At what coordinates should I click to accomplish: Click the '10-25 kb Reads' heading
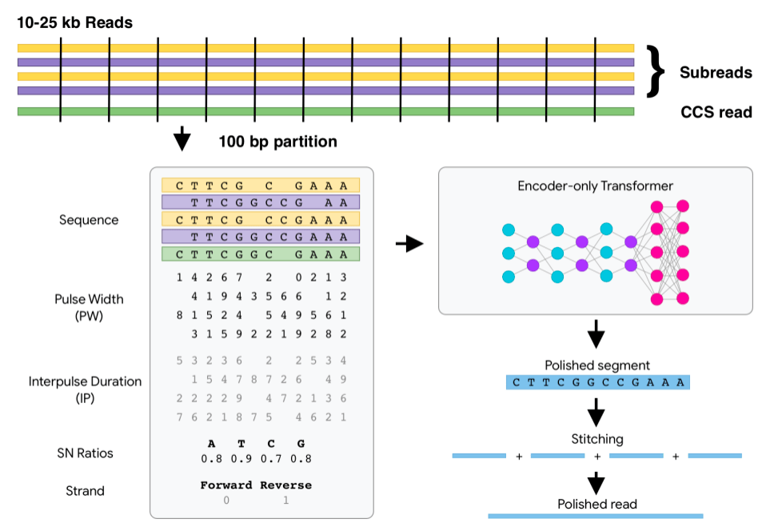coord(75,22)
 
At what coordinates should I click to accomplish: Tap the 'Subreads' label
coord(716,72)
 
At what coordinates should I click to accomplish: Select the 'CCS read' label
coord(716,112)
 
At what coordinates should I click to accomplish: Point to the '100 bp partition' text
coord(277,142)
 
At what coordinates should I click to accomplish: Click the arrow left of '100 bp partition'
coord(182,139)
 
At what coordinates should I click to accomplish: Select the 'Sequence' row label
coord(89,220)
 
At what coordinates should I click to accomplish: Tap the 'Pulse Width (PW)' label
coord(89,307)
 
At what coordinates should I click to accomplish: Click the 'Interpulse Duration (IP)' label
coord(85,389)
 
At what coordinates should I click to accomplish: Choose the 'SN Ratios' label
coord(86,453)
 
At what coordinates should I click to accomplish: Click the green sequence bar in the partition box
coord(261,254)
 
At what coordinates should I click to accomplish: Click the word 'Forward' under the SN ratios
coord(226,485)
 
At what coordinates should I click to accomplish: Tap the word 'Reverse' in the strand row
coord(285,485)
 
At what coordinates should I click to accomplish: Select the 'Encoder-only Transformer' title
coord(596,186)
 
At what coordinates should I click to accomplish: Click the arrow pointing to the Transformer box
coord(409,245)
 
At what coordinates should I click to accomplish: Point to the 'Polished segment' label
coord(596,365)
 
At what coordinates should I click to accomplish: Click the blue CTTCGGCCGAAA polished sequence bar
coord(597,382)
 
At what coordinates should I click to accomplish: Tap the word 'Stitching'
coord(596,439)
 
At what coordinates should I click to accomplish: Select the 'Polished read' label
coord(596,504)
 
